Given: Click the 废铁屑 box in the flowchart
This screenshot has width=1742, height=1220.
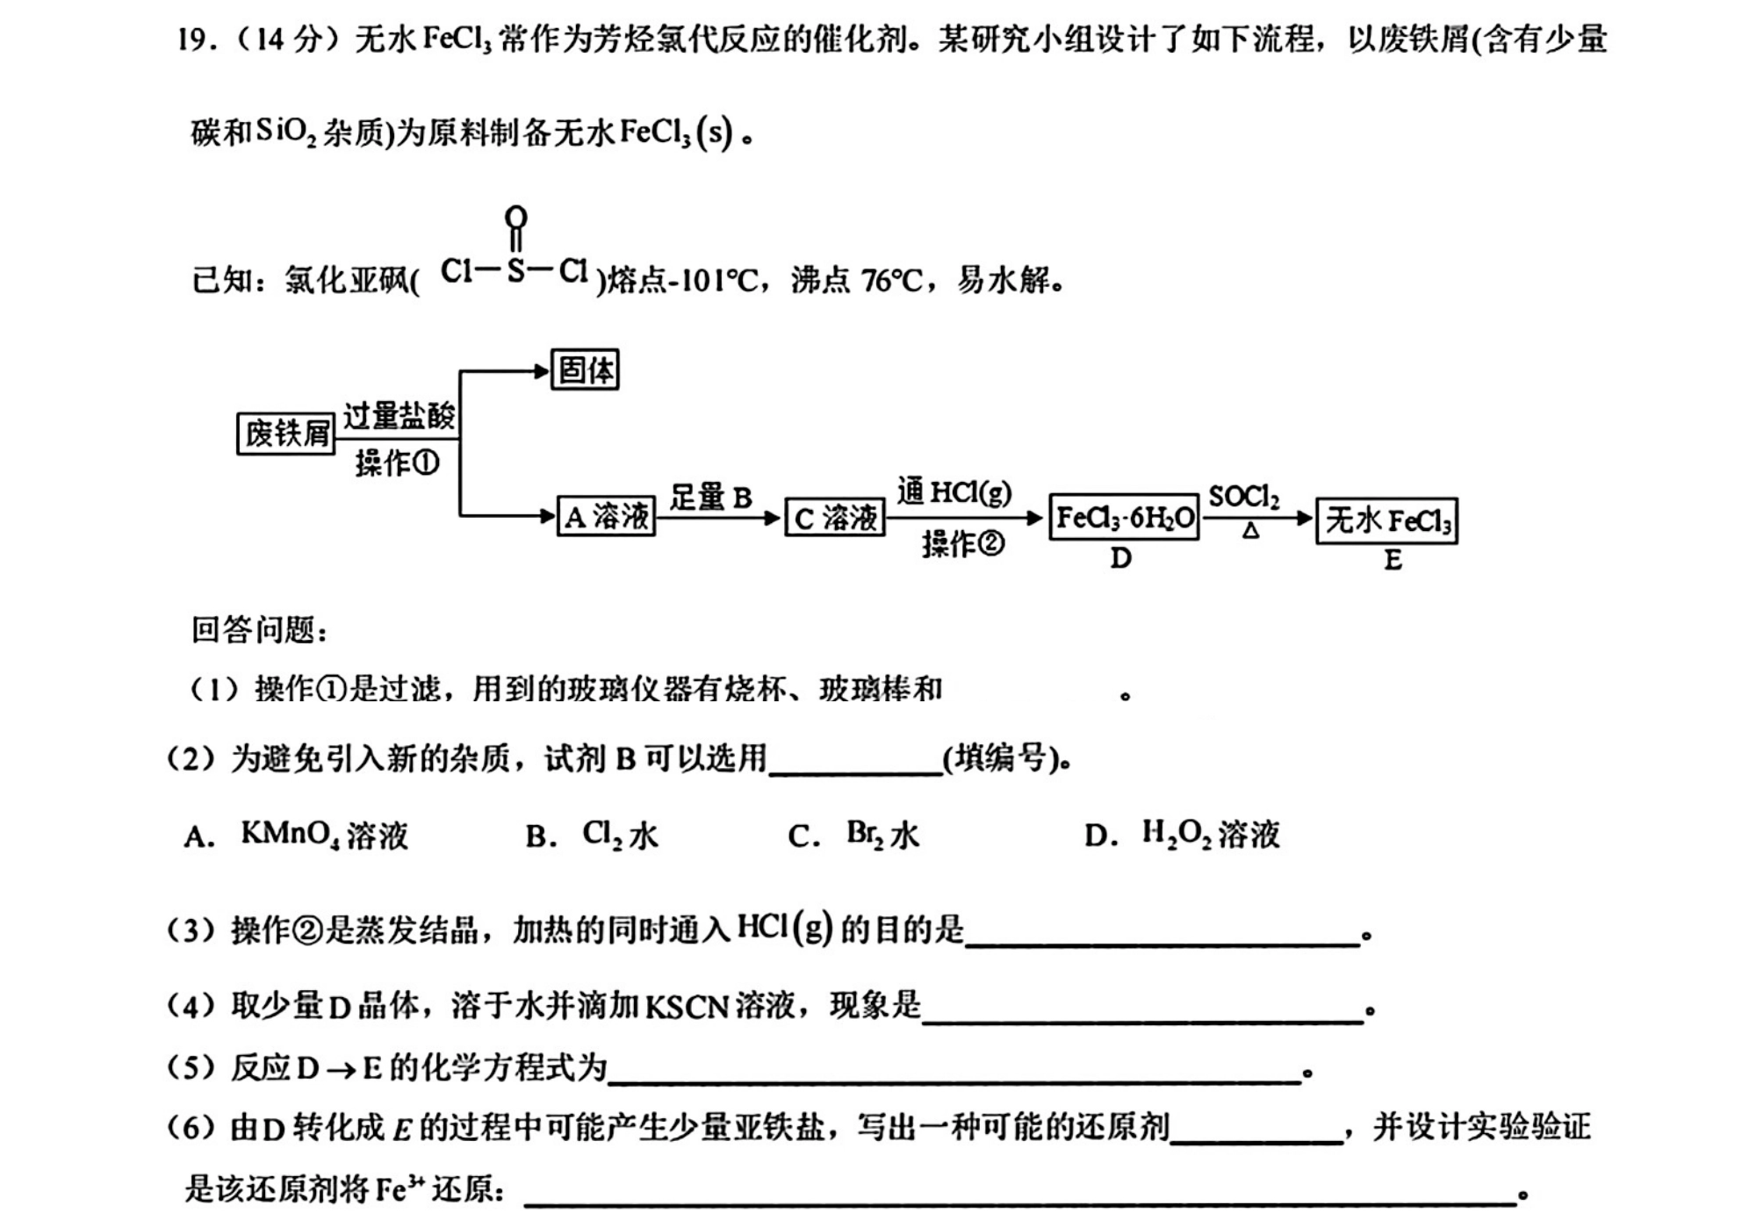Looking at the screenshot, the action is pos(286,433).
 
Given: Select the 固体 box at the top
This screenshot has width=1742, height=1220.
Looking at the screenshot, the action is pos(585,370).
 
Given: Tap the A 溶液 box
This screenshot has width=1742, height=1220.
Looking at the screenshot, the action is pos(607,516).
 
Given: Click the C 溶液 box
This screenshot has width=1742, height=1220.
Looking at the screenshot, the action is pos(835,517).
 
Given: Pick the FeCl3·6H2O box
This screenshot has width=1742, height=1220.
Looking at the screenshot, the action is pos(1125,517).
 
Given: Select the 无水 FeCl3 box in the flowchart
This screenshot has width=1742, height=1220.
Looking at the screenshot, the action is pos(1387,521).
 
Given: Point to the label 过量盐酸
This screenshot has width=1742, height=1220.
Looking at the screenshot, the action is pos(400,415).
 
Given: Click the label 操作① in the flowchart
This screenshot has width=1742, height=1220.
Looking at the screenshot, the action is pos(397,463).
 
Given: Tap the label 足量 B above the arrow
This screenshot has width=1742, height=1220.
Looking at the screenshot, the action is pos(711,498).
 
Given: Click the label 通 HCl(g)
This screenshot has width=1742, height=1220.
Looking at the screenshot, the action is pos(954,492).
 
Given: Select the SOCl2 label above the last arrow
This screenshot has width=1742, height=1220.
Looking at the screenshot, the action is pos(1244,497).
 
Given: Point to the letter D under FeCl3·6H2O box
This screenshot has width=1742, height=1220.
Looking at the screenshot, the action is pos(1121,558).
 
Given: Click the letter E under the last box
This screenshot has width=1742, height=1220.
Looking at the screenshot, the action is pos(1393,560).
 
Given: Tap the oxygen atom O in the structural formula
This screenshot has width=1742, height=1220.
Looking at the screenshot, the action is pos(516,217).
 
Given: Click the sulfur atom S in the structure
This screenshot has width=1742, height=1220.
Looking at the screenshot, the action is pos(516,270).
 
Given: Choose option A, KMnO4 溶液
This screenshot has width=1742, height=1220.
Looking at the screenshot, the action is pos(297,834).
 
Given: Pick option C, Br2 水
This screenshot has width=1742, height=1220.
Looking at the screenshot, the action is pos(853,834).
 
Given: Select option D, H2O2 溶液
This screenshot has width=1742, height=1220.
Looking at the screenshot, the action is pos(1182,834).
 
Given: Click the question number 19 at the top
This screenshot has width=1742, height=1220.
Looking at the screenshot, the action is pos(193,39).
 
